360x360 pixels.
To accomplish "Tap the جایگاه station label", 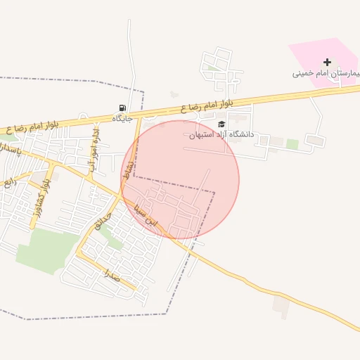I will (x=124, y=119).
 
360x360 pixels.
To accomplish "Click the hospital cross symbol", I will (x=326, y=63).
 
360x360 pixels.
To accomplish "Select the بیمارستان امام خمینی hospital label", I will (x=327, y=73).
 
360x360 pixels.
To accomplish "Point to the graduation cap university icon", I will (x=222, y=124).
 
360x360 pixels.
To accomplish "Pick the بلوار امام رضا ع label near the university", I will (x=211, y=105).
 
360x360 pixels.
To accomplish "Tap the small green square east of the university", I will (x=292, y=144).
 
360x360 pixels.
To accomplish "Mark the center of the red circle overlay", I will (x=180, y=180).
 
